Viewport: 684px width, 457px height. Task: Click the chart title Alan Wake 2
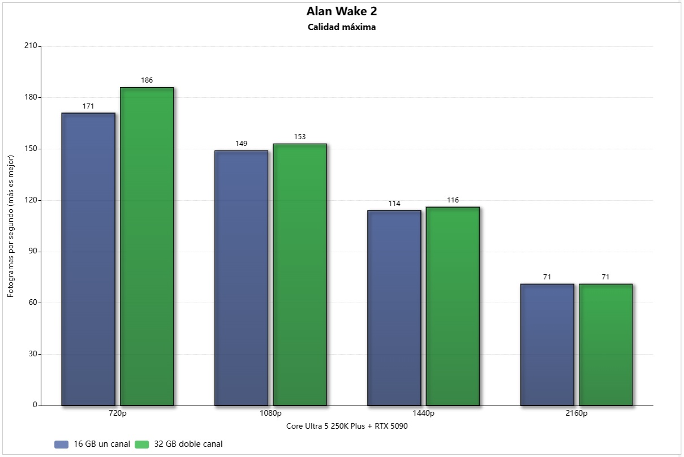coord(342,11)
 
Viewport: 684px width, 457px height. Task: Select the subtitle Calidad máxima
coord(342,27)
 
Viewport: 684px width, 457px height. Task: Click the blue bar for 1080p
coord(241,278)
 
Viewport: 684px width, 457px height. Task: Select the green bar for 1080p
coord(300,274)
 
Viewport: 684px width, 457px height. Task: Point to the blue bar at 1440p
coord(394,308)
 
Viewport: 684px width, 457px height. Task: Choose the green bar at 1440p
coord(453,306)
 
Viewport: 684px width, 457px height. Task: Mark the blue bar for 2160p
coord(547,344)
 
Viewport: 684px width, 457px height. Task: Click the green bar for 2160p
coord(605,344)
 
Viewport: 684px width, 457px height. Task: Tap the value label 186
coord(147,80)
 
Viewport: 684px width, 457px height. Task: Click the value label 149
coord(241,144)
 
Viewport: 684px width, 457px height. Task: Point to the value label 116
coord(453,200)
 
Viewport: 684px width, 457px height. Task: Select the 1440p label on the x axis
coord(423,413)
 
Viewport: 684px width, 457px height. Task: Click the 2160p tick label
coord(576,413)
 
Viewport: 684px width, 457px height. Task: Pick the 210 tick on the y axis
coord(31,46)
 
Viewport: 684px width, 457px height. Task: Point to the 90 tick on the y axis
coord(33,252)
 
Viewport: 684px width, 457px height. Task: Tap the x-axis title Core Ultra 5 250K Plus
coord(347,426)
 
